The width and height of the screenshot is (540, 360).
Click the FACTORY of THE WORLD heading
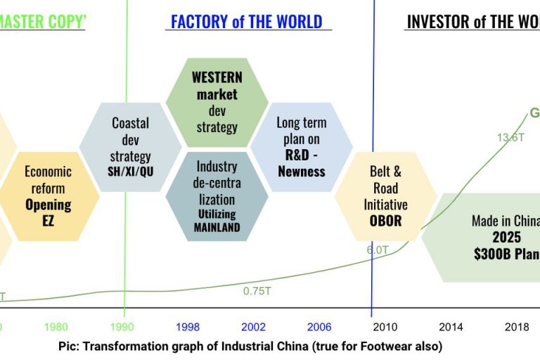(247, 21)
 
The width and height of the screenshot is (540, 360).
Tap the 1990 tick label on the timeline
(124, 326)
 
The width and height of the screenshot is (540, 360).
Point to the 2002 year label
(254, 326)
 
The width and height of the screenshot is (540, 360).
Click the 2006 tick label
(319, 326)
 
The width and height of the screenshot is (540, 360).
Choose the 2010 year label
(385, 326)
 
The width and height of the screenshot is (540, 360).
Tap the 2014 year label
(450, 326)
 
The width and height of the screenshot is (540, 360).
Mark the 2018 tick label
(517, 326)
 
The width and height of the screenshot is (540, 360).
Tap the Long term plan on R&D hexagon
(302, 146)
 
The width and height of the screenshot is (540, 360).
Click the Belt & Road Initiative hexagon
(385, 195)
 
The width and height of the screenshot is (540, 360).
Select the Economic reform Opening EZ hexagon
(49, 195)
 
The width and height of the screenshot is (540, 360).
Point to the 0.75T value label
(257, 291)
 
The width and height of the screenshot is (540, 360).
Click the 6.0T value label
(378, 249)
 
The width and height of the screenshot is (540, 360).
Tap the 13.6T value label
(510, 138)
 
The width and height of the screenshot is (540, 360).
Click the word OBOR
(385, 221)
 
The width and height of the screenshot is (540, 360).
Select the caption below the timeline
(250, 346)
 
